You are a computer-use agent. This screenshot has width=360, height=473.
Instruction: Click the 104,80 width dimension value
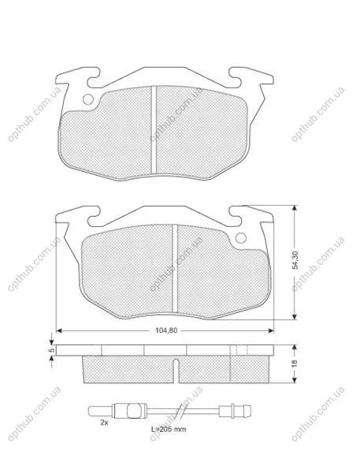[166, 330]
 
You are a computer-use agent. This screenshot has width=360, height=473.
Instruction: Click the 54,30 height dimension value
[295, 260]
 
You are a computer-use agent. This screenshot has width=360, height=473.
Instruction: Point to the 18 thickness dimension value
[295, 363]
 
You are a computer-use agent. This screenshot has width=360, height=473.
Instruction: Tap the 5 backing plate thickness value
[51, 350]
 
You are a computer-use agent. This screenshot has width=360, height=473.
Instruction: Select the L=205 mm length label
[169, 429]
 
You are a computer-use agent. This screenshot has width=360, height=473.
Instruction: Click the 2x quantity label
[104, 423]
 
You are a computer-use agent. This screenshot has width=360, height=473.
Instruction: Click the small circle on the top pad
[88, 99]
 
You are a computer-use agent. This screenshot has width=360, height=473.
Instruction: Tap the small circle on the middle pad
[240, 238]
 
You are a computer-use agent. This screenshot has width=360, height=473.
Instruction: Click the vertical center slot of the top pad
[154, 130]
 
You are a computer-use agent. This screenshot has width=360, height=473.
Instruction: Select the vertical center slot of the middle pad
[175, 269]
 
